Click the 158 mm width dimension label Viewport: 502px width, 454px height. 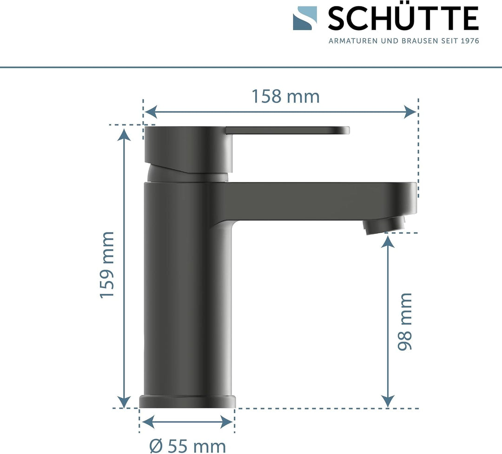[285, 97]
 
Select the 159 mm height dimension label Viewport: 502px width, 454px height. [107, 265]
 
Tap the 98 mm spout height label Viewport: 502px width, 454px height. [405, 321]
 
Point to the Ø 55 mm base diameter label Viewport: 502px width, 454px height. [188, 446]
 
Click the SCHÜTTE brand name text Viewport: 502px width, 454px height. [403, 19]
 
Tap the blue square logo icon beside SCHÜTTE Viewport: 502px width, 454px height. [305, 18]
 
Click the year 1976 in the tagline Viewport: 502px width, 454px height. [469, 41]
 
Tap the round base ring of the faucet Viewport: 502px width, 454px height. [188, 402]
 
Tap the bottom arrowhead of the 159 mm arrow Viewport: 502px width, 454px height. [124, 402]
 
